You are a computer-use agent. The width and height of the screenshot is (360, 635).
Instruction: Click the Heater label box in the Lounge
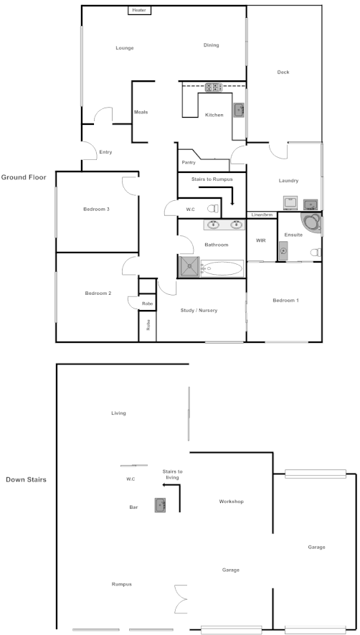tap(138, 10)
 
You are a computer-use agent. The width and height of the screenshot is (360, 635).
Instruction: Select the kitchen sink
tap(238, 110)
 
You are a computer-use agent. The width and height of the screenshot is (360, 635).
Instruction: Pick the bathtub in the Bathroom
tap(222, 269)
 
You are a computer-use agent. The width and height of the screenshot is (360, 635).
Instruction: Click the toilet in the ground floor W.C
tap(212, 209)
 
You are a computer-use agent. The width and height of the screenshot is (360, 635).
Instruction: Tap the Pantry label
tap(189, 162)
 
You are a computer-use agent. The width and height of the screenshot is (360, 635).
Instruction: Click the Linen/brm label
tap(262, 215)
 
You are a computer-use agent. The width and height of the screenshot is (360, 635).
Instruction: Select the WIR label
tap(261, 240)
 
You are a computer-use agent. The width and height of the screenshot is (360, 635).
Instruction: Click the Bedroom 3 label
tap(96, 209)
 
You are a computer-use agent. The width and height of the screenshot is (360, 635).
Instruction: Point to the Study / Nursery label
tap(197, 310)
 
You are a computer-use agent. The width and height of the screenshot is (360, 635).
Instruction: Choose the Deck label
tap(283, 72)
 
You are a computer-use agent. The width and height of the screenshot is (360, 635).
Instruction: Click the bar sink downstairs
tap(160, 505)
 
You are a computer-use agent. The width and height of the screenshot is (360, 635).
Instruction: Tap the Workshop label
tap(232, 502)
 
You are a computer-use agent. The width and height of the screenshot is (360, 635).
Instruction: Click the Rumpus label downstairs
tap(121, 584)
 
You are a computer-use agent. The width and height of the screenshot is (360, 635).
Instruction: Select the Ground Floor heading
tap(24, 177)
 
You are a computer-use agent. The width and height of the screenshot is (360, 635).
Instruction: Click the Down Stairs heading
tap(26, 479)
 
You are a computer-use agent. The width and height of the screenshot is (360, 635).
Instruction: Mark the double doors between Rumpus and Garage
tap(180, 598)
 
